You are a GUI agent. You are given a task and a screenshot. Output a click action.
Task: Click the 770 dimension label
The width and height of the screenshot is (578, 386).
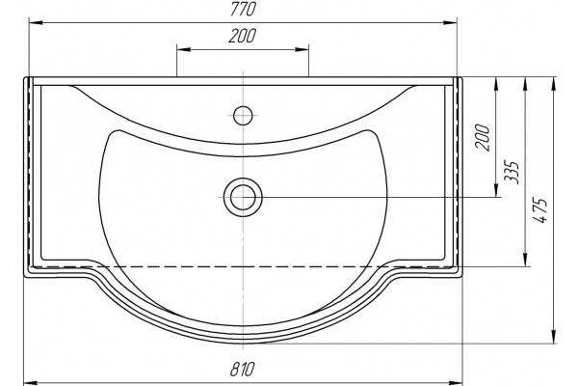[x=243, y=10]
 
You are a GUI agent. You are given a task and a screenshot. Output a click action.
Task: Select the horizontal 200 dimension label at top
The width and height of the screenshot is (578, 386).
[x=242, y=37]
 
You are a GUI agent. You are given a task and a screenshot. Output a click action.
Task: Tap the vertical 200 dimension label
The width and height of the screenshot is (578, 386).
[x=483, y=138]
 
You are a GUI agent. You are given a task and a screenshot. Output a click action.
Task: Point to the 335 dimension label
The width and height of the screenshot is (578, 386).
[x=512, y=172]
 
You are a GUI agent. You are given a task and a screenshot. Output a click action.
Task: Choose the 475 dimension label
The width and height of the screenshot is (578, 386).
[x=540, y=210]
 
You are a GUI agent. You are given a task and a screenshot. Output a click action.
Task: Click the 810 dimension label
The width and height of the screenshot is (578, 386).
[x=242, y=369]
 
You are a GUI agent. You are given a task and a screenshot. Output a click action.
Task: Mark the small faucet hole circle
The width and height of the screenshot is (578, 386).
[x=243, y=116]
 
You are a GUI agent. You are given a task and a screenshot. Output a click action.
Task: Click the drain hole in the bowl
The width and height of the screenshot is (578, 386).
[x=243, y=197]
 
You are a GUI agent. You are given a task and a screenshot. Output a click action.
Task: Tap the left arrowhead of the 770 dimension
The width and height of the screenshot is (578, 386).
[x=36, y=23]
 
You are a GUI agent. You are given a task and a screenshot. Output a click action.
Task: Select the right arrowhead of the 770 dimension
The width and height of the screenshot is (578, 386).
[x=450, y=23]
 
